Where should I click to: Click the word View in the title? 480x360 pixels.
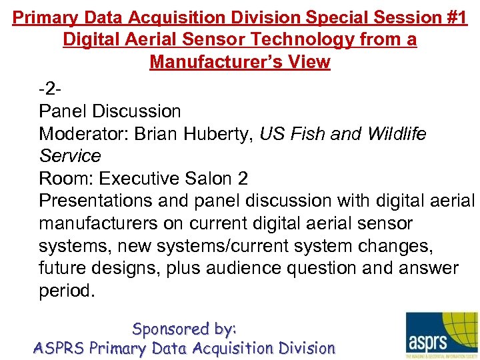[x=313, y=62]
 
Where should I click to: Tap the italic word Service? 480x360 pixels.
[x=70, y=156]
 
